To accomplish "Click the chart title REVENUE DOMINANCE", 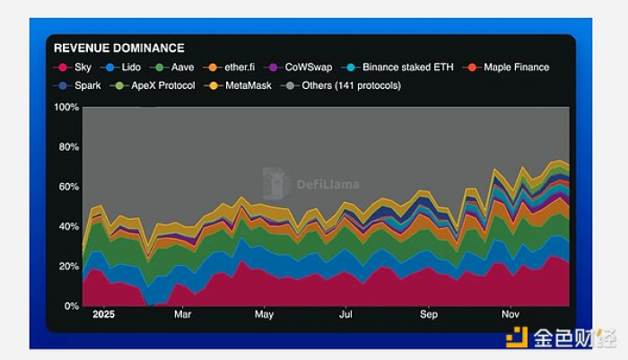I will coord(119,48).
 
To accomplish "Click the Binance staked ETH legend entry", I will coord(402,67).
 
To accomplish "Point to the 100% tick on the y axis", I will coord(67,108).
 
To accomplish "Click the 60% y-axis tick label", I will coord(69,187).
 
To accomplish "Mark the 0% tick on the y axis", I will coord(72,306).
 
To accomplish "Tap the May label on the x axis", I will coord(264,315).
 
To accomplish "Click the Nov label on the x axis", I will coord(510,315).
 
